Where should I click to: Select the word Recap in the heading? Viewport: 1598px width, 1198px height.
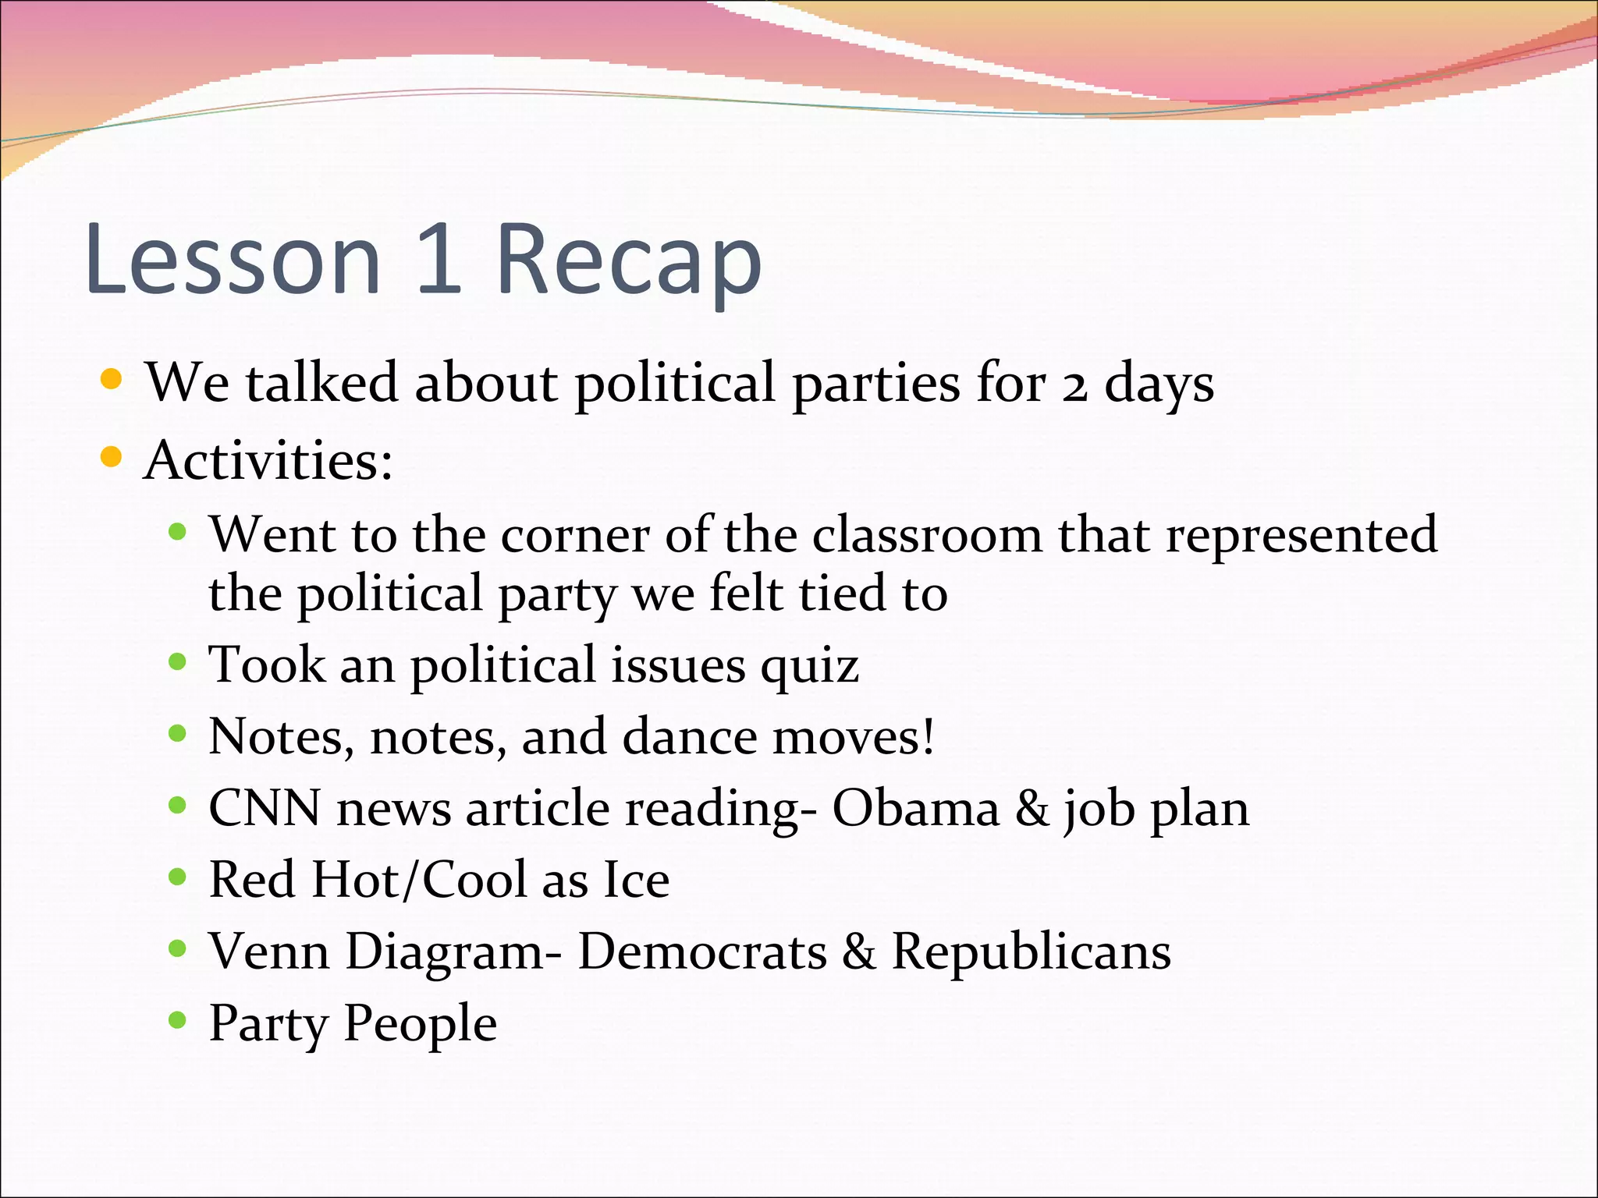point(628,261)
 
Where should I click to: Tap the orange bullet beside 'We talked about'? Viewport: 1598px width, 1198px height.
point(112,380)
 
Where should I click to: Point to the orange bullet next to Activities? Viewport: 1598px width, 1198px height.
point(112,456)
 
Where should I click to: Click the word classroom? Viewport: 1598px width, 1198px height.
point(926,535)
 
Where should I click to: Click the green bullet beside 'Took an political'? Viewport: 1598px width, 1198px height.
point(178,662)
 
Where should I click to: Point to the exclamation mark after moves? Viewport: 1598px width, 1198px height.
point(927,735)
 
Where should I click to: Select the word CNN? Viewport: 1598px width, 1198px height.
point(265,808)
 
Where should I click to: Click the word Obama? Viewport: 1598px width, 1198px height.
point(916,808)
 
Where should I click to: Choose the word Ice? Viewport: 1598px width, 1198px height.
point(636,880)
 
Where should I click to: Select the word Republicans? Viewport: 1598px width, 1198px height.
point(1031,953)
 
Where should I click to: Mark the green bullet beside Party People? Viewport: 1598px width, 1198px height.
point(178,1019)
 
